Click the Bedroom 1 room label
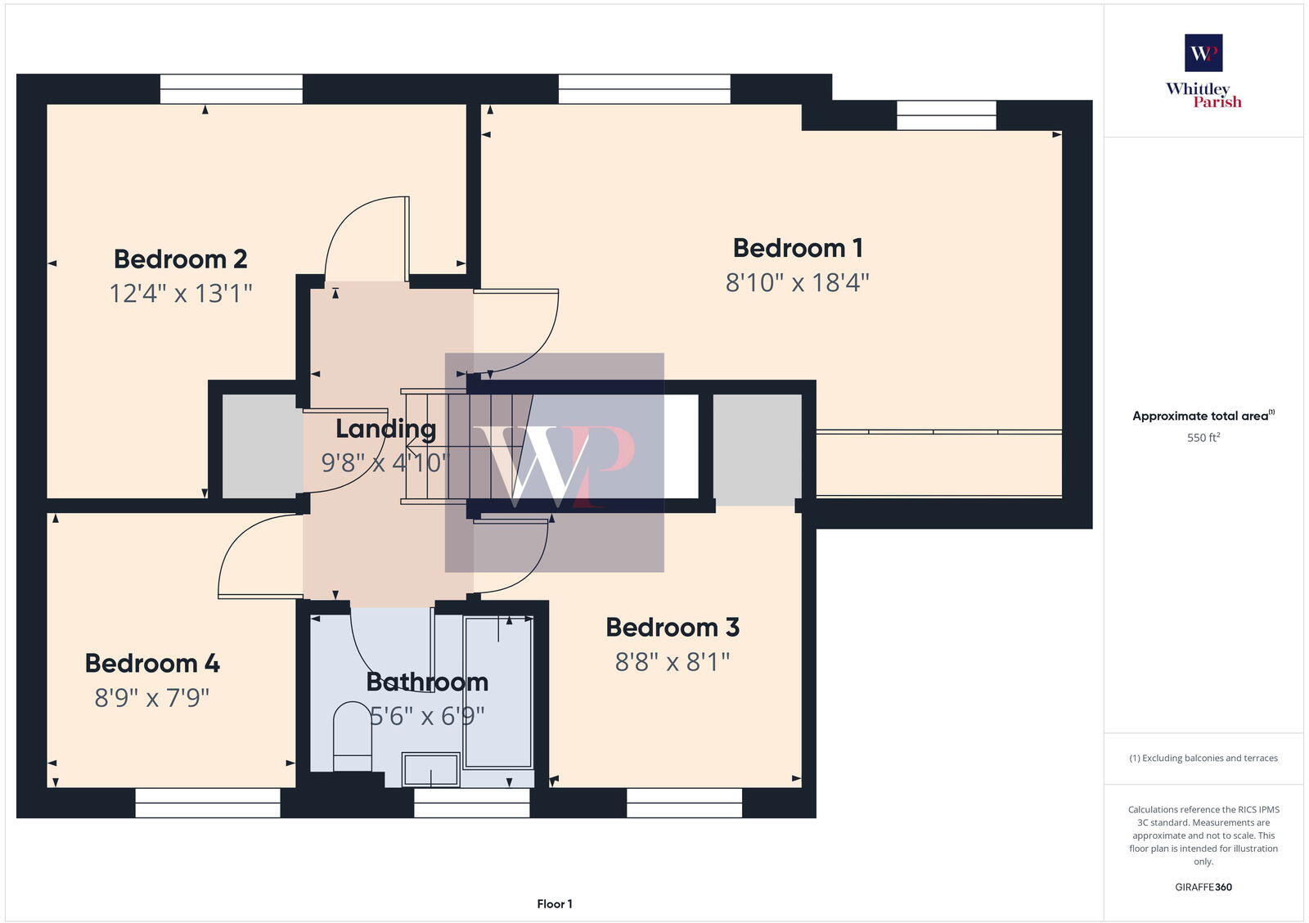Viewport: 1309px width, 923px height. tap(798, 248)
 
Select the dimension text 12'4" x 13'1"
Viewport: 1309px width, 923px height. tap(181, 293)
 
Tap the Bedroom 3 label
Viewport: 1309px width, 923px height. tap(672, 628)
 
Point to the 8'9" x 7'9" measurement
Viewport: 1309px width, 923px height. tap(152, 698)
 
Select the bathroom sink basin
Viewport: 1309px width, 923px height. tap(431, 770)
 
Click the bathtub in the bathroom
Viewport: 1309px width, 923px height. tap(498, 691)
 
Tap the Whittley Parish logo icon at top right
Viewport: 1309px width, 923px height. tap(1203, 53)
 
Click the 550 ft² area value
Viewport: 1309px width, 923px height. tap(1203, 438)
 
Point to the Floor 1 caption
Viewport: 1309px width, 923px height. tap(555, 904)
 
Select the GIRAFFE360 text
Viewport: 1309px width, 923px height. tap(1203, 887)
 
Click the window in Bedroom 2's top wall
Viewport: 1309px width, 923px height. tap(231, 88)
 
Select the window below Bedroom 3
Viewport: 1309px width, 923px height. tap(684, 803)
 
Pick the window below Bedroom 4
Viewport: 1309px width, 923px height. tap(208, 803)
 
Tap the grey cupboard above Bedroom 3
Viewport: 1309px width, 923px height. tap(757, 448)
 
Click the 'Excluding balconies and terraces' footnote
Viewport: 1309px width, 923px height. tap(1203, 759)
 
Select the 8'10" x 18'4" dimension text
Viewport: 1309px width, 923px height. tap(798, 283)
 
